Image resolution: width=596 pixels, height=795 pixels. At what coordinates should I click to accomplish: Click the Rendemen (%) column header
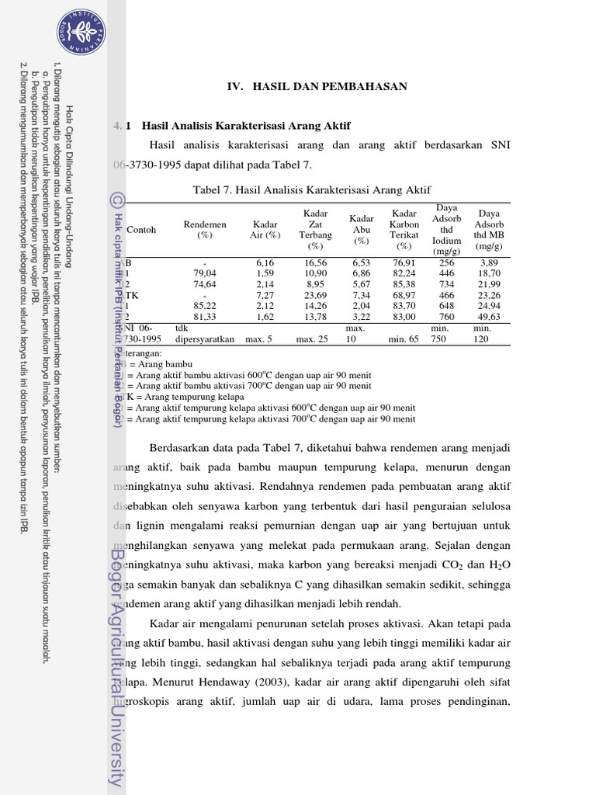205,229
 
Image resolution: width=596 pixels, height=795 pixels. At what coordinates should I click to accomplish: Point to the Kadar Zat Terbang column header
315,229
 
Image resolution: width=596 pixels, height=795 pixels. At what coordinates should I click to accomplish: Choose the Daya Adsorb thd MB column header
489,229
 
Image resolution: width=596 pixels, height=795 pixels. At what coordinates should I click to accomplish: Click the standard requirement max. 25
313,339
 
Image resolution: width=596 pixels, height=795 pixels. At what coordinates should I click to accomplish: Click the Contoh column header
141,230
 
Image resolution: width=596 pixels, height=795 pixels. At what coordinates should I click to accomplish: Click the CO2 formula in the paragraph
442,564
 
